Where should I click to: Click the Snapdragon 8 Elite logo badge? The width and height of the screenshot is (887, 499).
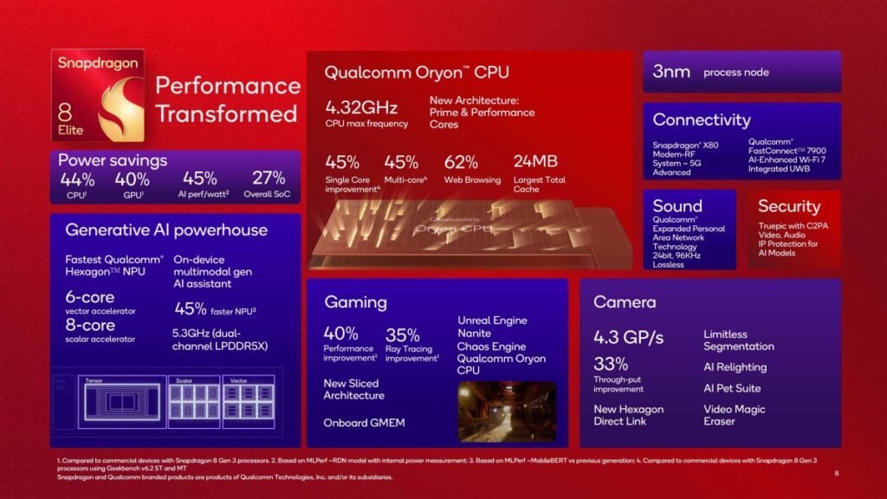[x=97, y=96]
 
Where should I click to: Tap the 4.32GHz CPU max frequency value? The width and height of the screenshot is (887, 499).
[x=361, y=108]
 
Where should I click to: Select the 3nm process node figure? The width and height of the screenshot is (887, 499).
[x=671, y=72]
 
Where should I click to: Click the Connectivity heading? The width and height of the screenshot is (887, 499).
[x=702, y=120]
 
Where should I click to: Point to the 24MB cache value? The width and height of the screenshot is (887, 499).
[x=537, y=162]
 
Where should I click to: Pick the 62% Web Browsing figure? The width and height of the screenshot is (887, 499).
[x=461, y=162]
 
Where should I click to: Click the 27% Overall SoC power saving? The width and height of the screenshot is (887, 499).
[x=268, y=178]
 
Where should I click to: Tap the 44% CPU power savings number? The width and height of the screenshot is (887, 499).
[x=77, y=179]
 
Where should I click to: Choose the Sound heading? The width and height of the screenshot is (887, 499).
[x=677, y=206]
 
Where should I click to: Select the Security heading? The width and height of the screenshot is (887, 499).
[x=788, y=206]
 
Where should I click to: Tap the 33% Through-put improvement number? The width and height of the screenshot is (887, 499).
[x=611, y=365]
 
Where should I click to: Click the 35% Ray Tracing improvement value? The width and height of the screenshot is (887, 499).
[x=403, y=334]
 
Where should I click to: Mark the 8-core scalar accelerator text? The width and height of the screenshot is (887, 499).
[x=90, y=326]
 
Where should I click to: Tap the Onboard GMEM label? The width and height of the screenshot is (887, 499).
[x=364, y=423]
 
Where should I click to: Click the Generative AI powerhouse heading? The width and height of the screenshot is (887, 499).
[x=166, y=230]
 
